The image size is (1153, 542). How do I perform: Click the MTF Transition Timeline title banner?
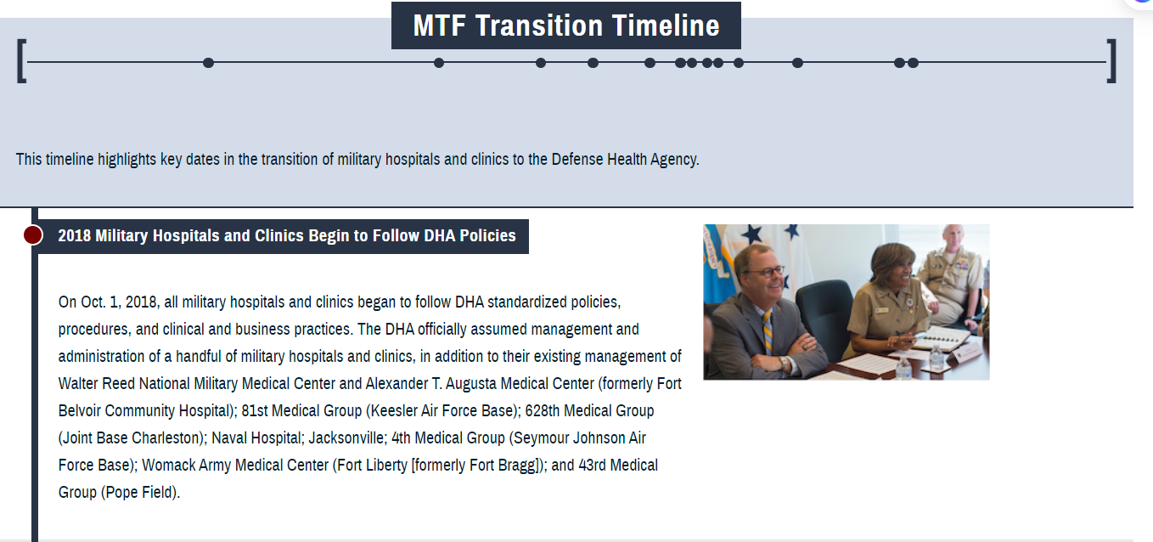pyautogui.click(x=566, y=25)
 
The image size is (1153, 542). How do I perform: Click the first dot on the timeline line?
pyautogui.click(x=208, y=63)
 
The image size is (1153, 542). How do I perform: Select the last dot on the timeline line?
pyautogui.click(x=913, y=63)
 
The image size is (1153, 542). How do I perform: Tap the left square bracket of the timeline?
pyautogui.click(x=21, y=60)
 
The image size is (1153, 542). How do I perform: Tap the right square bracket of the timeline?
pyautogui.click(x=1112, y=60)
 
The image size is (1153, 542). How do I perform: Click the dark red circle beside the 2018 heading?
pyautogui.click(x=33, y=235)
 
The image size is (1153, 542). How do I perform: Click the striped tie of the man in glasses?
pyautogui.click(x=768, y=331)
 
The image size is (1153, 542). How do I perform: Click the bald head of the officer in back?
pyautogui.click(x=953, y=234)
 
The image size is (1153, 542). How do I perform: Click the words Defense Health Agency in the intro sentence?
pyautogui.click(x=624, y=159)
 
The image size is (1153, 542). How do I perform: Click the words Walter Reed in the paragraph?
pyautogui.click(x=96, y=383)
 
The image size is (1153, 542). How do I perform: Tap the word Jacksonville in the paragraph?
pyautogui.click(x=346, y=438)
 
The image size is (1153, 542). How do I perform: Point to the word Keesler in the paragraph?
pyautogui.click(x=394, y=410)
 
